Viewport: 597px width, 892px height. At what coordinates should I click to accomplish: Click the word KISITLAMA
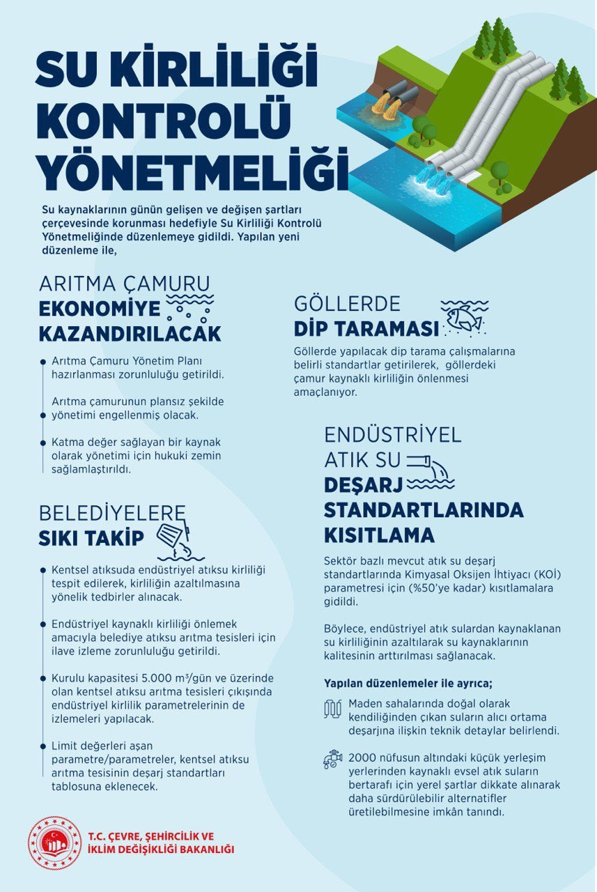click(379, 535)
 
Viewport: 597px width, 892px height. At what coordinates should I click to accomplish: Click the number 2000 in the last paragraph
click(361, 758)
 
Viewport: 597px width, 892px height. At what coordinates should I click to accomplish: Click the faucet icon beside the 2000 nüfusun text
click(333, 759)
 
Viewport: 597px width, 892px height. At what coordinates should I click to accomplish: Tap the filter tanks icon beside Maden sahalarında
click(333, 709)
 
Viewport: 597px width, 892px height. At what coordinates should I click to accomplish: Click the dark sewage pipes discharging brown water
click(391, 95)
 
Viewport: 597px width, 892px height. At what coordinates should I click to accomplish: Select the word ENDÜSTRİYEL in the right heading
click(393, 435)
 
